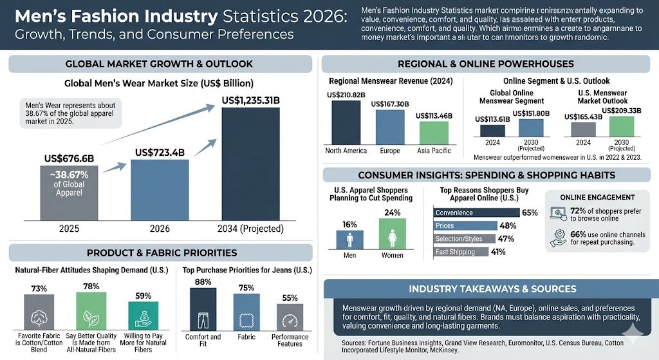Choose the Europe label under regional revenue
(x=389, y=151)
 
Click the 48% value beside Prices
(x=508, y=226)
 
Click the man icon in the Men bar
(x=349, y=240)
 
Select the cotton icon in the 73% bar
(x=39, y=316)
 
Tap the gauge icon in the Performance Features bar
(x=290, y=320)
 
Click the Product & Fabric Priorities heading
(x=162, y=252)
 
